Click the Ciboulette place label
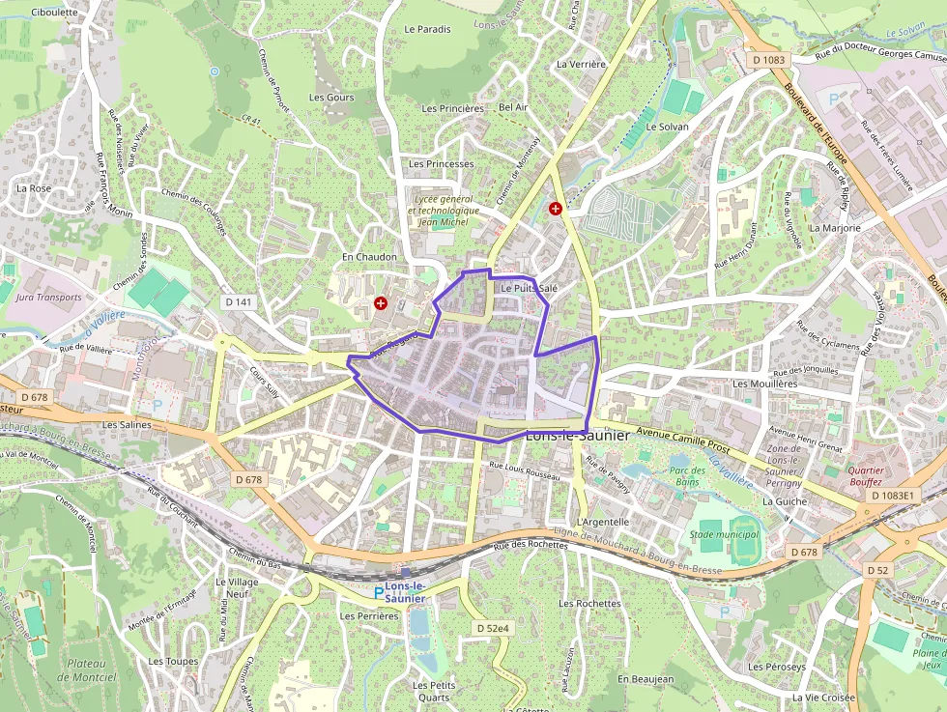(54, 13)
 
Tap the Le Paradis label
(428, 29)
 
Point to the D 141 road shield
(238, 302)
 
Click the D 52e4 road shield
(493, 628)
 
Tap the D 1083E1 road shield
(892, 496)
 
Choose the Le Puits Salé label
(529, 288)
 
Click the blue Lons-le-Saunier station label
(406, 592)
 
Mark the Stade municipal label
(725, 534)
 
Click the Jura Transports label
(49, 298)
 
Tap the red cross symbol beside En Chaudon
(381, 303)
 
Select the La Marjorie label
(835, 228)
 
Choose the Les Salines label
(129, 424)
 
